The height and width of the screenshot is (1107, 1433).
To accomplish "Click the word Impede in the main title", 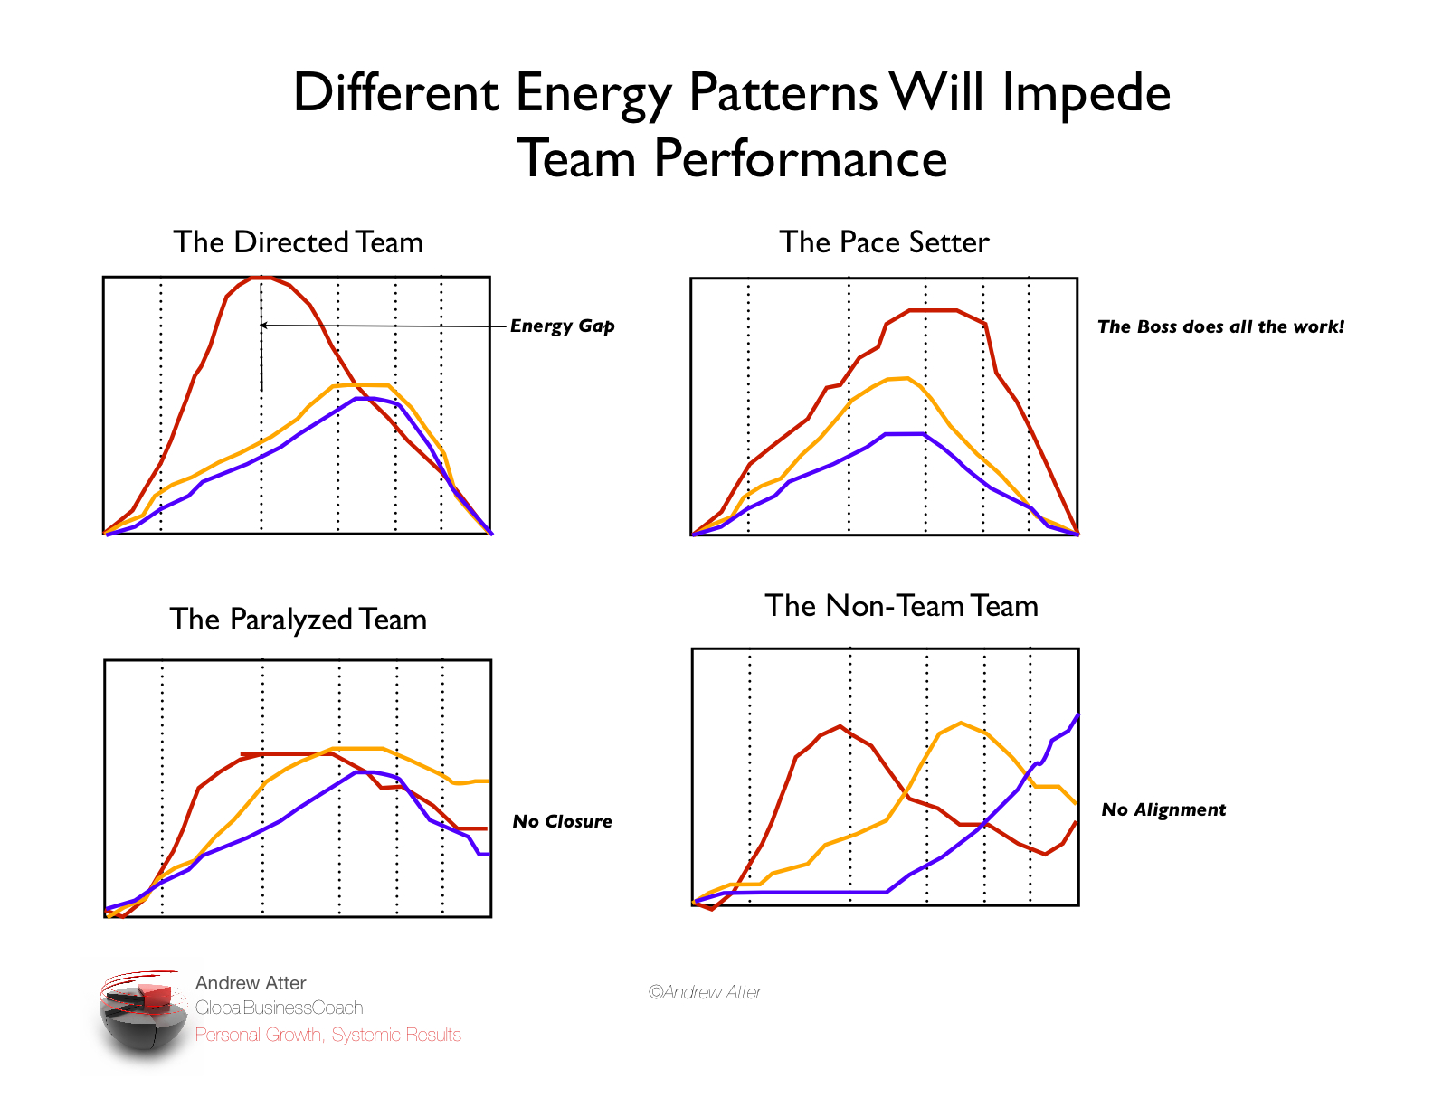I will pyautogui.click(x=1086, y=94).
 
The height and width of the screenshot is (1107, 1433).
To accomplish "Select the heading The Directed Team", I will pyautogui.click(x=298, y=242).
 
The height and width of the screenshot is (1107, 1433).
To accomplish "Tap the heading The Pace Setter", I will pyautogui.click(x=884, y=242).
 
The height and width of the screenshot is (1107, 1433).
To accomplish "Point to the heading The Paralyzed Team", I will pyautogui.click(x=298, y=620).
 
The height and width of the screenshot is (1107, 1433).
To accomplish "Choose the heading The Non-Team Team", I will pyautogui.click(x=901, y=606).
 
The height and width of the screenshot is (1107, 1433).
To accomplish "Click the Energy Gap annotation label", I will pyautogui.click(x=562, y=326).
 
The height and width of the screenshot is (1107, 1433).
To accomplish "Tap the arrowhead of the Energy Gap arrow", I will pyautogui.click(x=263, y=325).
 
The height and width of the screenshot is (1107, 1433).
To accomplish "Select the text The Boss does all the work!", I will pyautogui.click(x=1220, y=326).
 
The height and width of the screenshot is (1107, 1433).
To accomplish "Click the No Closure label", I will pyautogui.click(x=562, y=821).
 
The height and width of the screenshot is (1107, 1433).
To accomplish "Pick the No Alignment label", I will pyautogui.click(x=1163, y=809).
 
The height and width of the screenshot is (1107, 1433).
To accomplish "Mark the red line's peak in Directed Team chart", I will pyautogui.click(x=261, y=277).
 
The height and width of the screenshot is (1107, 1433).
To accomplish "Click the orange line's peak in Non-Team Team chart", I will pyautogui.click(x=961, y=723).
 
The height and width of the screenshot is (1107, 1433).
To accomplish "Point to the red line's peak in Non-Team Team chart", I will pyautogui.click(x=840, y=726).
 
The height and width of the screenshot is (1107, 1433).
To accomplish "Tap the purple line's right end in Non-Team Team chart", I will pyautogui.click(x=1077, y=715).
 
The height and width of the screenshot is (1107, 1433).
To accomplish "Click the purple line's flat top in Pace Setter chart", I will pyautogui.click(x=905, y=434).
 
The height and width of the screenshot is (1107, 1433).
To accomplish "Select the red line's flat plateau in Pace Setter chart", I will pyautogui.click(x=932, y=310).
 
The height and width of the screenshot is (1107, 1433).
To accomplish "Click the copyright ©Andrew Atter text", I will pyautogui.click(x=705, y=992).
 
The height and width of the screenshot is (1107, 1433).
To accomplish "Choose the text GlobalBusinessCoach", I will pyautogui.click(x=279, y=1008).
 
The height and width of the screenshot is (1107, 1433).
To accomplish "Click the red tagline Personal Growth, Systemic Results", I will pyautogui.click(x=327, y=1035).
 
